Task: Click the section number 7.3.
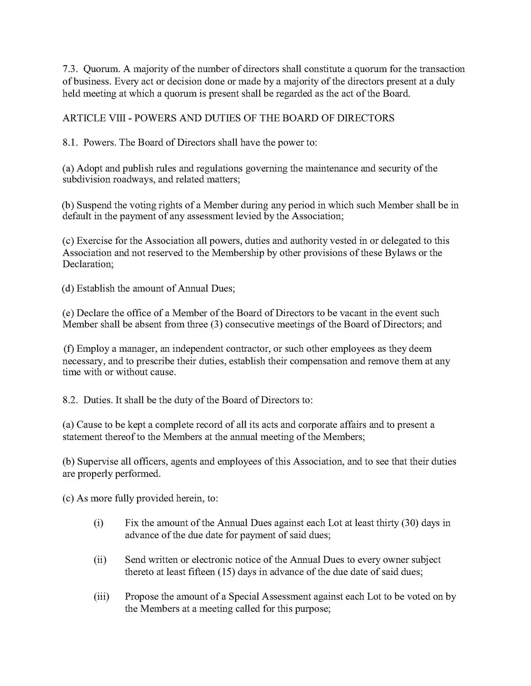[70, 69]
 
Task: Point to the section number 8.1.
[70, 143]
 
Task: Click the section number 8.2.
[70, 400]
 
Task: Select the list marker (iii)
[101, 597]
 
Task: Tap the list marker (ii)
[100, 560]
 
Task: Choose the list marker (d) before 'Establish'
[68, 289]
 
